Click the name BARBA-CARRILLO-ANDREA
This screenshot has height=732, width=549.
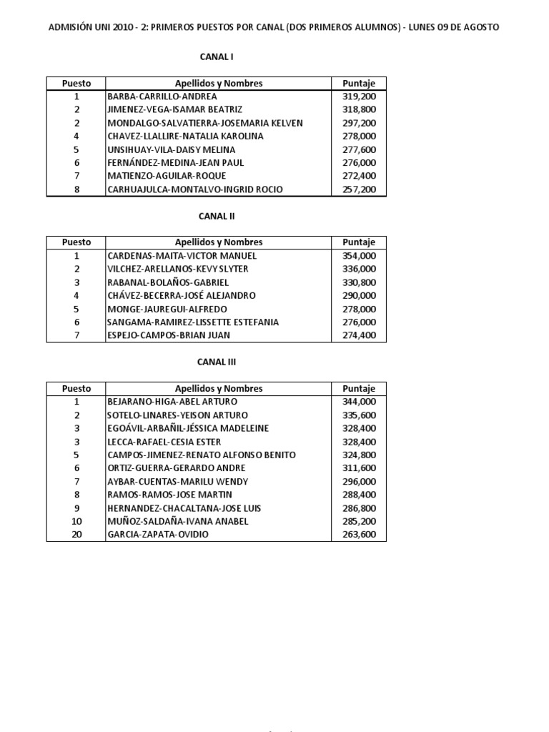162,96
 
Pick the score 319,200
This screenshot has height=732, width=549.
359,96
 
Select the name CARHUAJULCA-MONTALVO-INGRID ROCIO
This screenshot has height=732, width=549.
194,189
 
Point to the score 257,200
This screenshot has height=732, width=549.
359,189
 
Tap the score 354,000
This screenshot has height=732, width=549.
359,255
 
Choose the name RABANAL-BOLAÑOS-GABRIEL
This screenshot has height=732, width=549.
167,282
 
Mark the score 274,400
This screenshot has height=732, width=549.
359,335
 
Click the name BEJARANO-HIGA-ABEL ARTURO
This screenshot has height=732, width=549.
172,402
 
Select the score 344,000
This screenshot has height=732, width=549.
359,402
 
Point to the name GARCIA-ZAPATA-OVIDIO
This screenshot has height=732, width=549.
158,534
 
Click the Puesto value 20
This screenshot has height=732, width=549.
76,534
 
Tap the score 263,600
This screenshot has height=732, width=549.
359,534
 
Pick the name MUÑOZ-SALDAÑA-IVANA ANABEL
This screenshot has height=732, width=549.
177,521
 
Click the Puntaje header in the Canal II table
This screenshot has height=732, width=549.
359,242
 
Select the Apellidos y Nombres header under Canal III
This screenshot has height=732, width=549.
219,389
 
